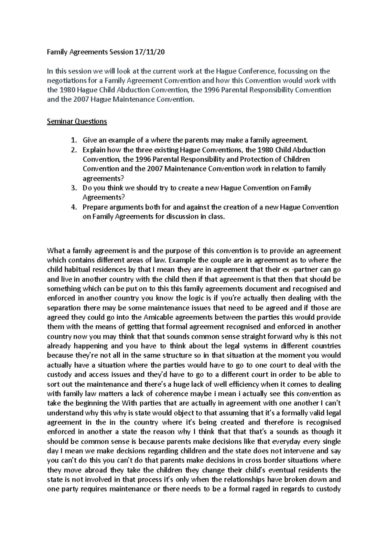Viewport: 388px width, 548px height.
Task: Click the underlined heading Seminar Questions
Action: point(77,121)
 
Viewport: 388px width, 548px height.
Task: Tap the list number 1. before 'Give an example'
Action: point(74,140)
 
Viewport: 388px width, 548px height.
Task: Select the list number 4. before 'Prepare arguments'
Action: point(74,207)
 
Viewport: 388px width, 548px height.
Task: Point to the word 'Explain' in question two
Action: point(94,150)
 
